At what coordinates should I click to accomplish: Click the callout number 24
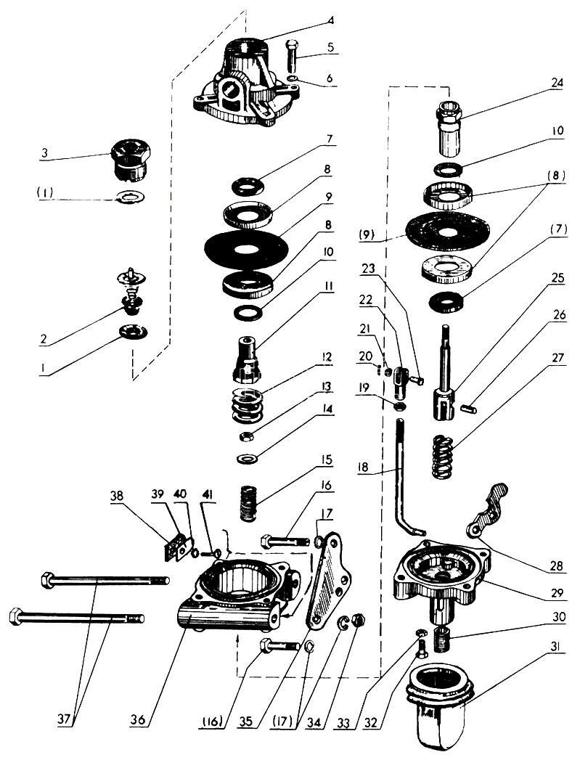pyautogui.click(x=557, y=83)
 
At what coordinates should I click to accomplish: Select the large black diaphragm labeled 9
pyautogui.click(x=246, y=250)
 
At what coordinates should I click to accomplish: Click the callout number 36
pyautogui.click(x=138, y=720)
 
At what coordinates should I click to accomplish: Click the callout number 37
pyautogui.click(x=65, y=720)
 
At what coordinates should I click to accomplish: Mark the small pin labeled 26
pyautogui.click(x=470, y=409)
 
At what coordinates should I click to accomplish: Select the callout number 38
pyautogui.click(x=117, y=496)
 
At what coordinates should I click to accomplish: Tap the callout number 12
pyautogui.click(x=326, y=357)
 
